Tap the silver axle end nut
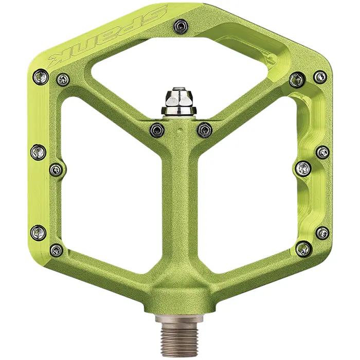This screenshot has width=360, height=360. pyautogui.click(x=176, y=101)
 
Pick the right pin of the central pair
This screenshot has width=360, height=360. pyautogui.click(x=205, y=129)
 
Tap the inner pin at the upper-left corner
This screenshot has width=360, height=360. pyautogui.click(x=63, y=79)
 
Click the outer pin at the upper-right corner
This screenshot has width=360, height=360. pyautogui.click(x=320, y=77)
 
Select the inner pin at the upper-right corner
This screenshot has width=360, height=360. pyautogui.click(x=296, y=80)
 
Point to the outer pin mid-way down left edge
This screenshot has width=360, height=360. pyautogui.click(x=38, y=151)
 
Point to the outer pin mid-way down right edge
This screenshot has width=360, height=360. pyautogui.click(x=322, y=152)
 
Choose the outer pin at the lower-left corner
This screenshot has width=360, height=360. pyautogui.click(x=39, y=232)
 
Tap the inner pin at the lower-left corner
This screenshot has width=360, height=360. pyautogui.click(x=56, y=250)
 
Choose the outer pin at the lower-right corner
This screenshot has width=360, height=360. pyautogui.click(x=322, y=232)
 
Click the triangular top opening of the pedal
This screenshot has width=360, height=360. pyautogui.click(x=180, y=67)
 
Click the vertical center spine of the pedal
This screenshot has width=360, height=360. pyautogui.click(x=179, y=216)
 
